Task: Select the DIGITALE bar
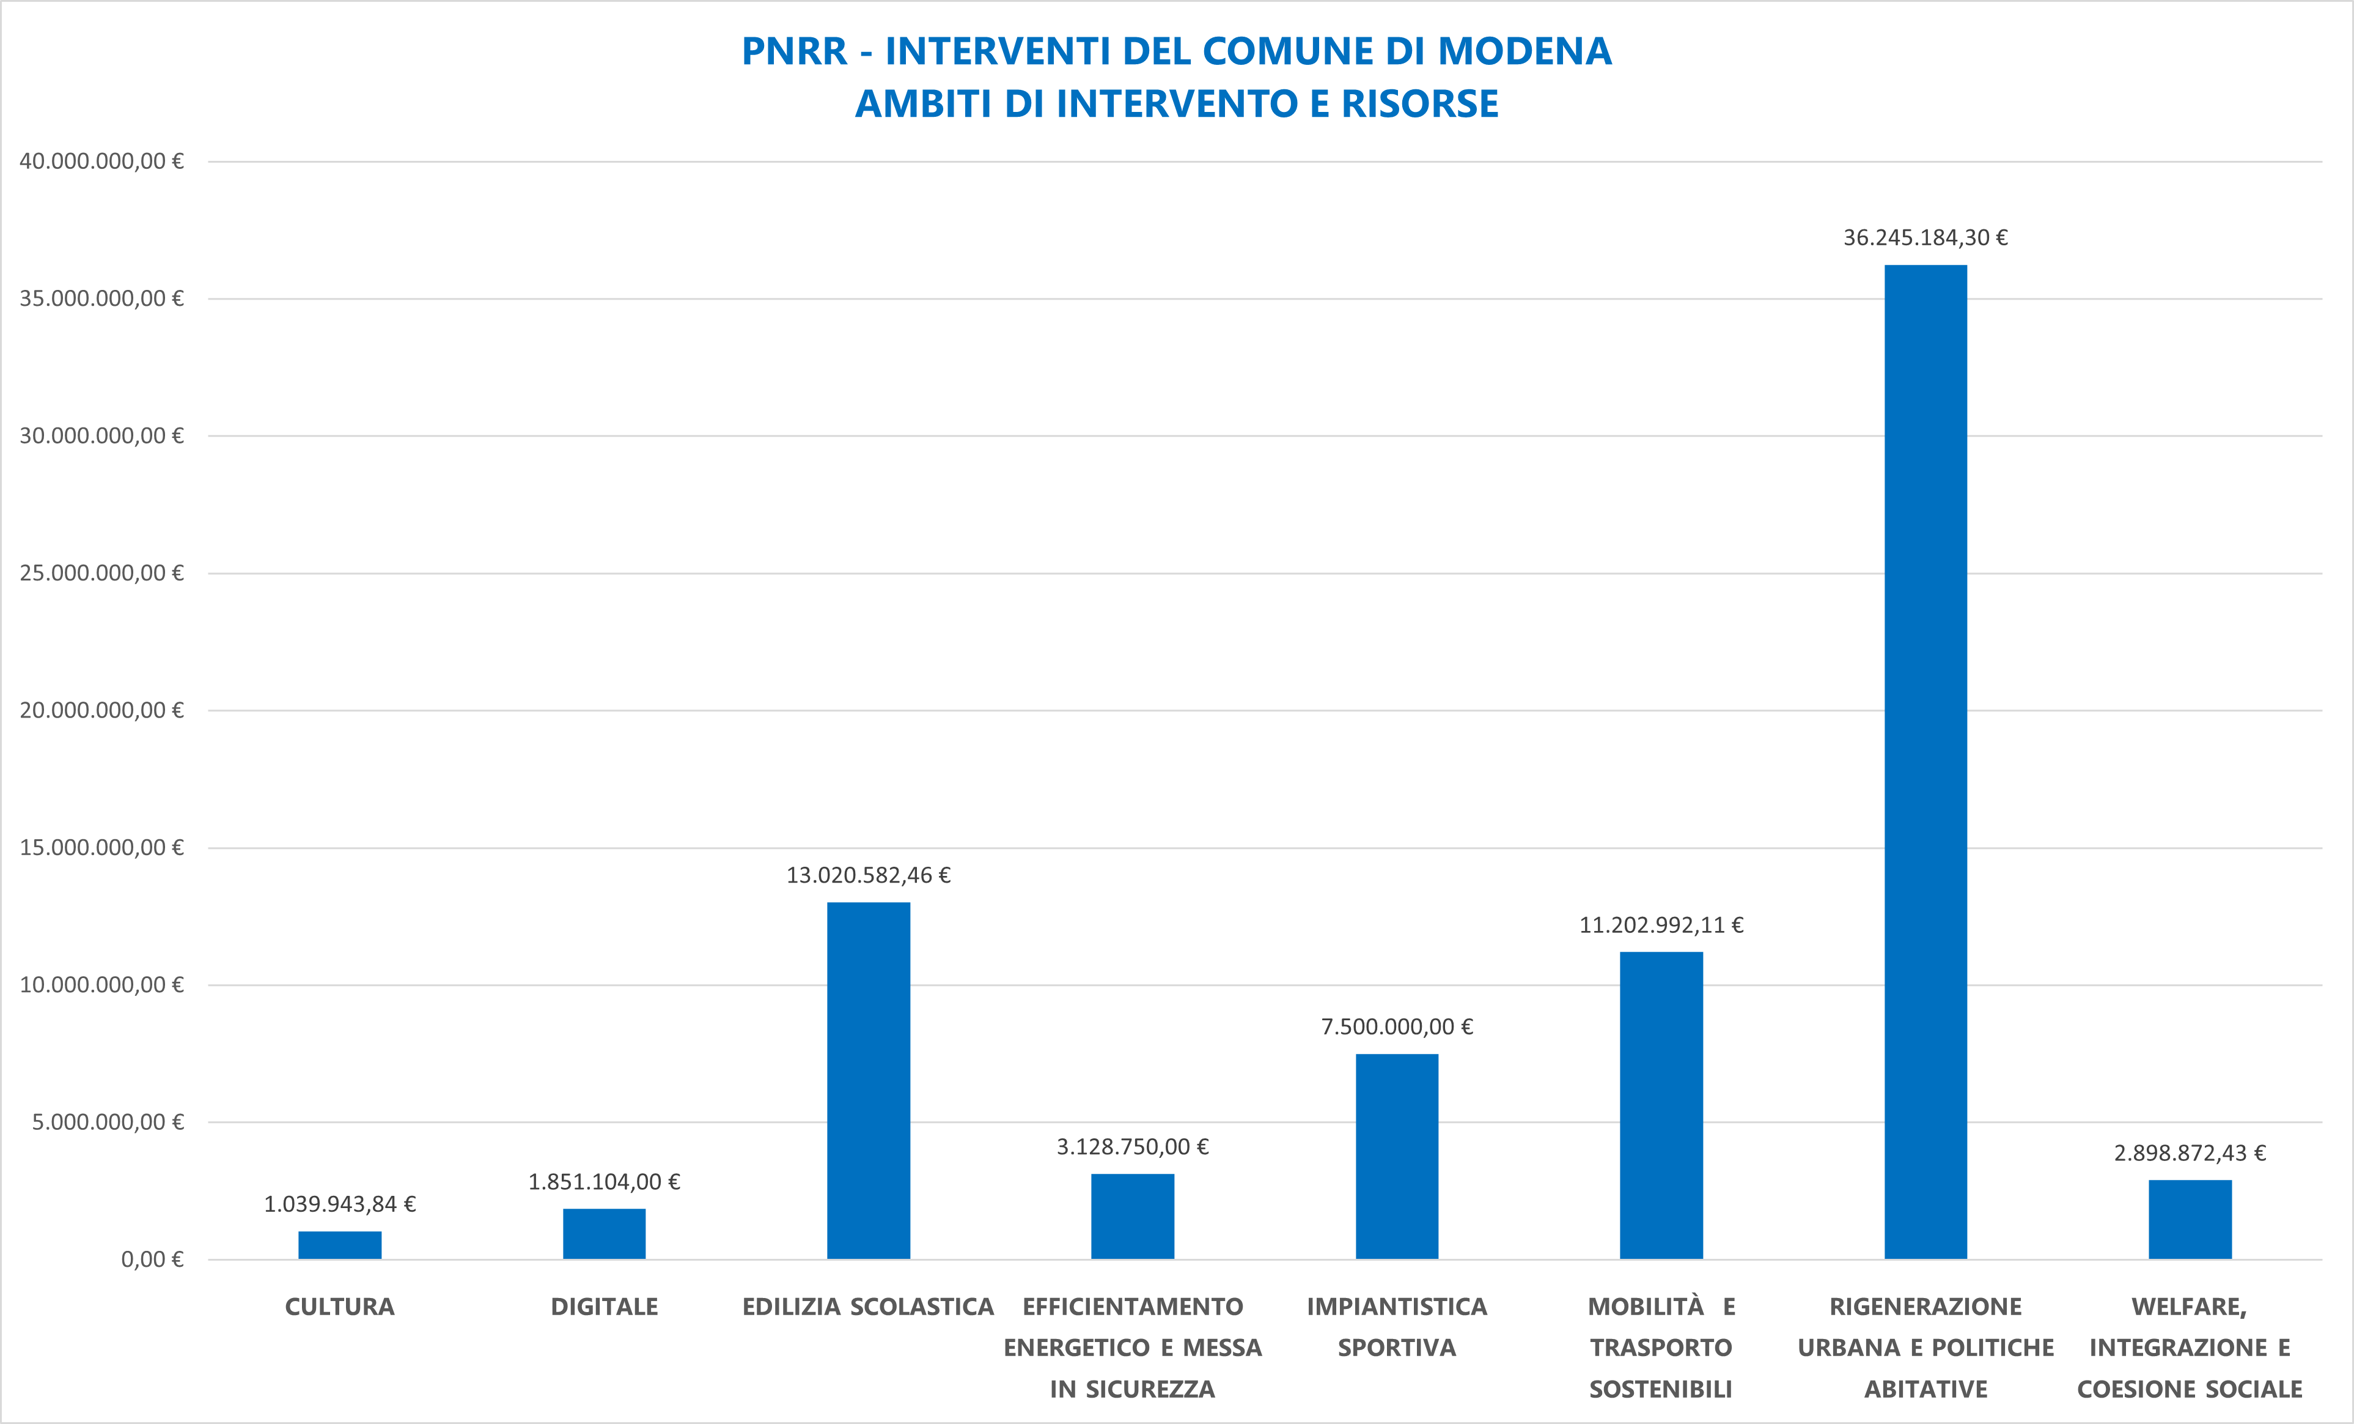point(604,1234)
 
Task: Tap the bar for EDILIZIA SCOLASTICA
point(869,1080)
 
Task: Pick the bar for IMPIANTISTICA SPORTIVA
point(1397,1157)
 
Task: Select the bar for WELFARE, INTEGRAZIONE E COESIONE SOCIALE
point(2190,1220)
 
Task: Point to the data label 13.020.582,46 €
point(869,875)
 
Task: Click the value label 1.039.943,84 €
point(339,1204)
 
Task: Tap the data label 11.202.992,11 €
point(1661,925)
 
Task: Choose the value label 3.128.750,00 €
point(1132,1147)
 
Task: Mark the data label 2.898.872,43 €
point(2190,1154)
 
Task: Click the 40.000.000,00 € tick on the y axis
point(101,161)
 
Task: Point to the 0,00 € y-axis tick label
point(152,1259)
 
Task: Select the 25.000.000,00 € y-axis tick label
point(101,573)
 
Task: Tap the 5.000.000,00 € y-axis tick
point(107,1122)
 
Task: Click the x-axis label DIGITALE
point(604,1307)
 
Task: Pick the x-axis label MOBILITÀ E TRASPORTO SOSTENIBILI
point(1661,1348)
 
